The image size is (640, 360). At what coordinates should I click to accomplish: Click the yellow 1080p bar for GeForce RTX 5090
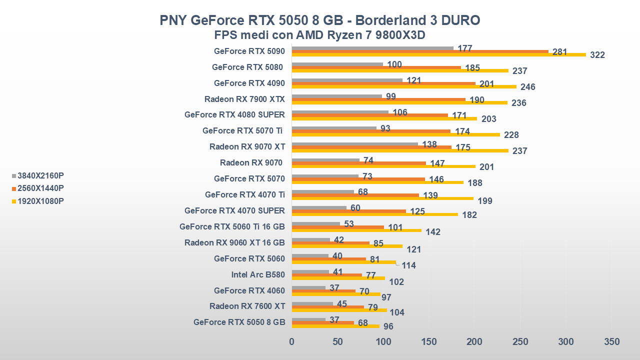[438, 54]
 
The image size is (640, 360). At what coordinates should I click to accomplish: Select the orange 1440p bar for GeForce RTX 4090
[383, 83]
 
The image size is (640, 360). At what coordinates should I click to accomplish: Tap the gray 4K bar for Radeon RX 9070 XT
[354, 144]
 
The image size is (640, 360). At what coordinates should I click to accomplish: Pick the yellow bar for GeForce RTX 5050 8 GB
[335, 326]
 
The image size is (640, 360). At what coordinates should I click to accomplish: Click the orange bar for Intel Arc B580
[326, 275]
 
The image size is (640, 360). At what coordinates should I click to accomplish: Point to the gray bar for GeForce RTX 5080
[337, 64]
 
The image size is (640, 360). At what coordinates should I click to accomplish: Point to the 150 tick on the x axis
[429, 342]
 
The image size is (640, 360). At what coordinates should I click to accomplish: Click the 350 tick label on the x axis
[611, 342]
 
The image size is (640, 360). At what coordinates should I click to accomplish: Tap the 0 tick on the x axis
[292, 342]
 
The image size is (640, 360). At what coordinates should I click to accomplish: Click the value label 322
[597, 55]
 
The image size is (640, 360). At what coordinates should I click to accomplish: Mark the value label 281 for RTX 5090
[559, 52]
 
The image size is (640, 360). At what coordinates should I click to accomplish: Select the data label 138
[429, 144]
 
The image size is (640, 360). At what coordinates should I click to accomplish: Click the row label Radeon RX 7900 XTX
[244, 98]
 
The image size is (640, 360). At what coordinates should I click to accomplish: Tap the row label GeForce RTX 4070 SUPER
[234, 210]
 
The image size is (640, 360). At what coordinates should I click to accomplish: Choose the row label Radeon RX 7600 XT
[247, 306]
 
